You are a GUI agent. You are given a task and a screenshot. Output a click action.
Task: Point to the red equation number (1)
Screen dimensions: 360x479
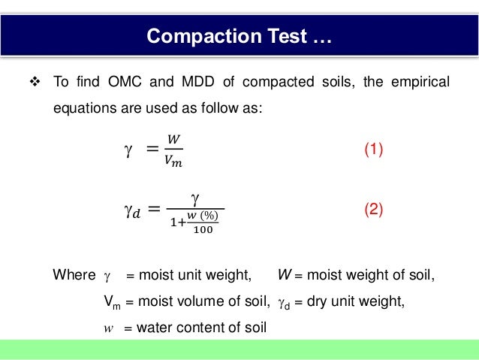(373, 150)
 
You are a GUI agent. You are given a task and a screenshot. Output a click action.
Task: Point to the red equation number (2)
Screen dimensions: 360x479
(373, 210)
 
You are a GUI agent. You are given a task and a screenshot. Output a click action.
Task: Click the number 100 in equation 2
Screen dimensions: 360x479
(202, 230)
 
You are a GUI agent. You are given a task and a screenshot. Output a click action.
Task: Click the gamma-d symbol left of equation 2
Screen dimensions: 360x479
(131, 211)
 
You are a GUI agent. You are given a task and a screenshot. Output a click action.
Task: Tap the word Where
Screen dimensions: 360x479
(74, 274)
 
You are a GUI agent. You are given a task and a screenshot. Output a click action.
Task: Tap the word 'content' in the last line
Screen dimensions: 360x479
(200, 328)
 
